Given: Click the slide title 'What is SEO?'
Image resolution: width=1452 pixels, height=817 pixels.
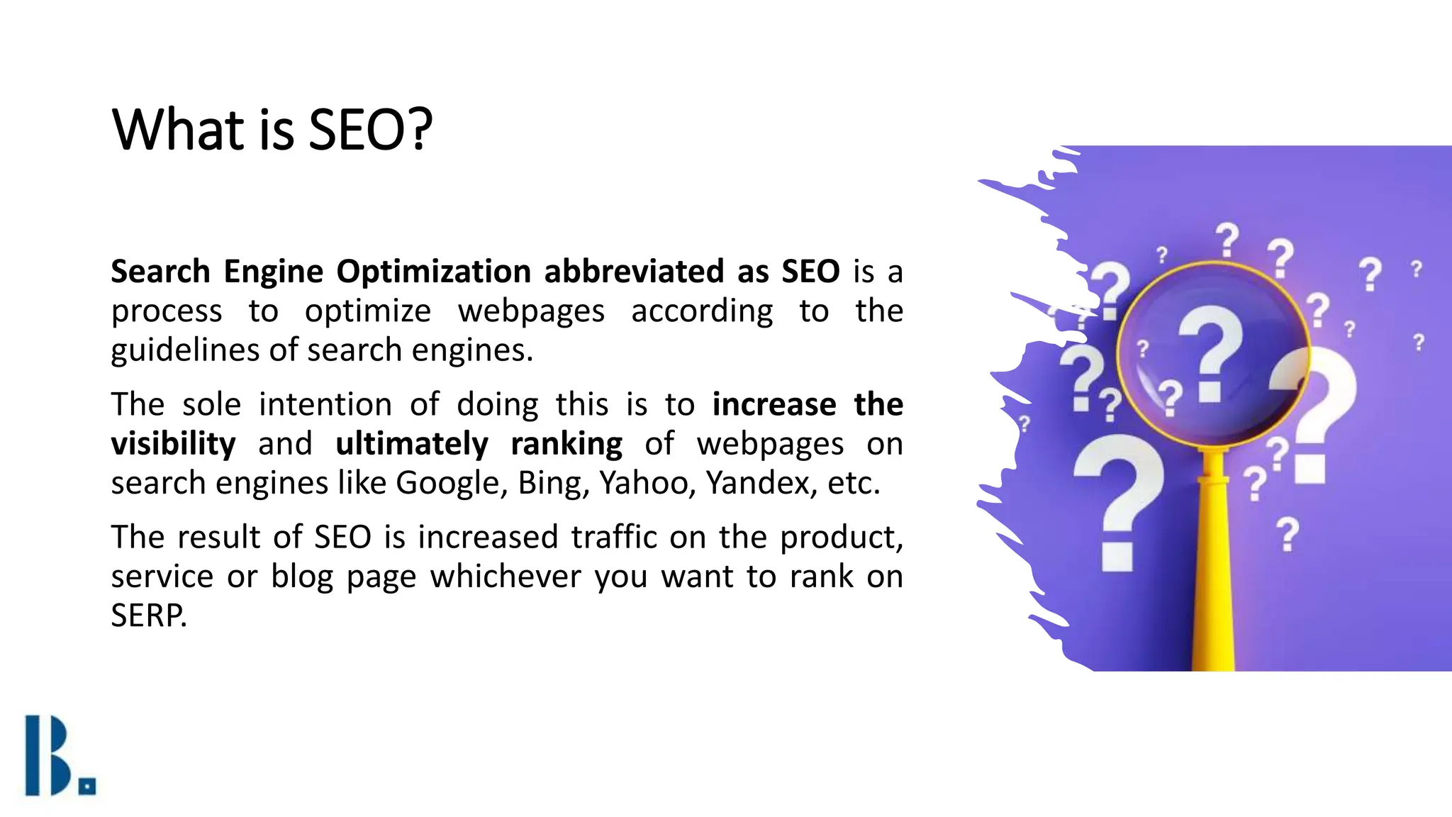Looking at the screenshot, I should point(272,130).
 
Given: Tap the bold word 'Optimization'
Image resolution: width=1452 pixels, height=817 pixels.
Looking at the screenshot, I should point(433,272).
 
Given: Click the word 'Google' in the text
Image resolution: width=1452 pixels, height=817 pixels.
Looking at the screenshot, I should point(451,484).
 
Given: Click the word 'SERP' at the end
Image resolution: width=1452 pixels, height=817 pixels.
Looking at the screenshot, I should point(148,616).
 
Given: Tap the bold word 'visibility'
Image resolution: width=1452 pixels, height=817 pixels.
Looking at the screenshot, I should point(173,445).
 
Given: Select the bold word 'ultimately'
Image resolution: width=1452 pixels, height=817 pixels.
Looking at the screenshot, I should point(411,445).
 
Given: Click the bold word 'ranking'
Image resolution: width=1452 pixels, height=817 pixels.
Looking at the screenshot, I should point(566,445).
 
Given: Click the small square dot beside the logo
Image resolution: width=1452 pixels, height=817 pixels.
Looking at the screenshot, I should point(88,787).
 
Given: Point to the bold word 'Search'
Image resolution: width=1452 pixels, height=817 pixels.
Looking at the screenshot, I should point(160,272).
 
